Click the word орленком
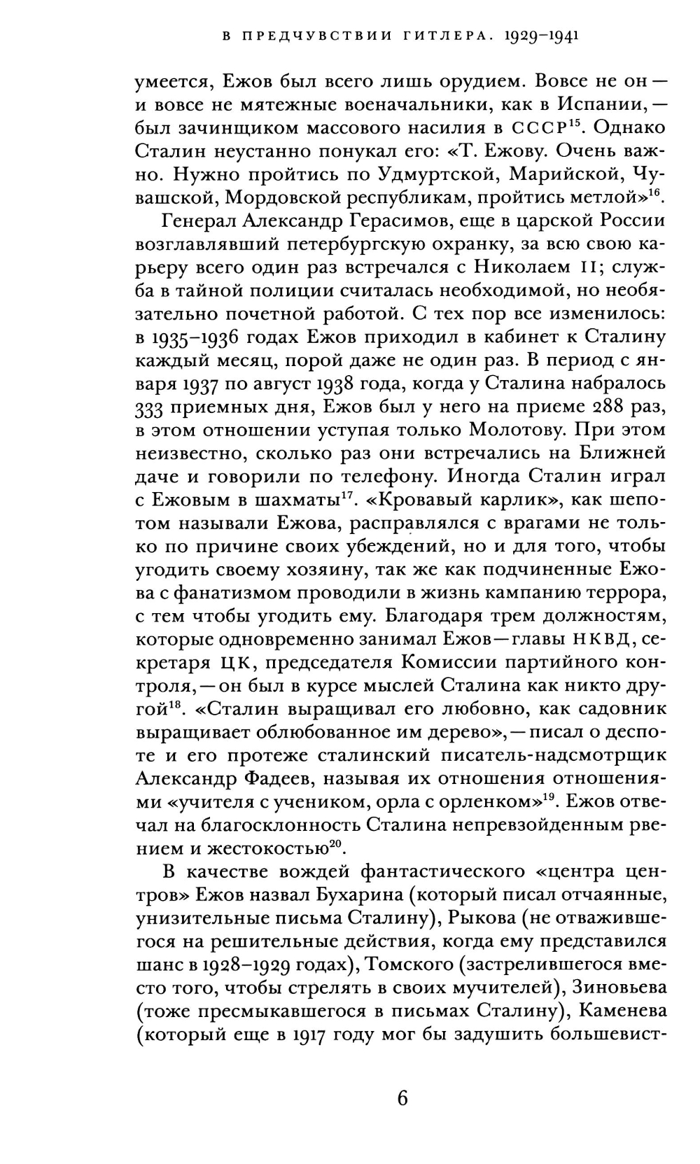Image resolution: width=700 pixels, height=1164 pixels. pos(492,801)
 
